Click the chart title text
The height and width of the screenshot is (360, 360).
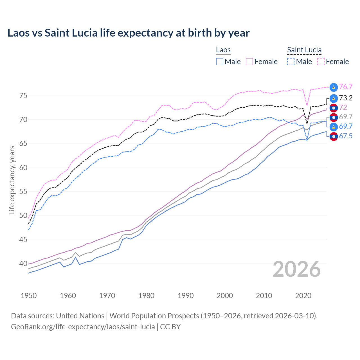click(x=128, y=33)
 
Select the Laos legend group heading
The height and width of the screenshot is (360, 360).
click(x=223, y=50)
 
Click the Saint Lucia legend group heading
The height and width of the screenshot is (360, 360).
click(x=304, y=50)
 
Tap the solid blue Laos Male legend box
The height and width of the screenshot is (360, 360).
click(x=220, y=62)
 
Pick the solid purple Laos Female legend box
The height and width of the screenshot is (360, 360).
click(x=249, y=62)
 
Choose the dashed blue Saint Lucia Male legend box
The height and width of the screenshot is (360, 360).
click(x=291, y=62)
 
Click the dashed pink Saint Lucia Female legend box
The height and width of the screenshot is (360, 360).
click(x=321, y=62)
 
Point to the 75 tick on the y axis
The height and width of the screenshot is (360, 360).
click(x=23, y=96)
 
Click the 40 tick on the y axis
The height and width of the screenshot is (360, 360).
click(x=23, y=264)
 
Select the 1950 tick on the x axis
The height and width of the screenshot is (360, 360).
click(x=29, y=296)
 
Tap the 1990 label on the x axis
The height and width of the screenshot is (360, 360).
click(x=186, y=296)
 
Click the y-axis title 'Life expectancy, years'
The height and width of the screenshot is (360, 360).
click(x=12, y=180)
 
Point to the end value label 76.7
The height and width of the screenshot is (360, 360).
click(x=346, y=87)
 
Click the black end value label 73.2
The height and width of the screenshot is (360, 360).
click(x=346, y=98)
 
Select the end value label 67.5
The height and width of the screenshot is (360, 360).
click(x=346, y=136)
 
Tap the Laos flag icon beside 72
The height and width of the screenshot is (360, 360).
click(x=334, y=108)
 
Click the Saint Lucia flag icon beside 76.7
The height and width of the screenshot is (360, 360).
click(x=334, y=87)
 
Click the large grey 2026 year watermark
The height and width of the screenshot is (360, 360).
click(x=296, y=269)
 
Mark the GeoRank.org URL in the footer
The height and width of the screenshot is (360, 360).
click(x=83, y=327)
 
